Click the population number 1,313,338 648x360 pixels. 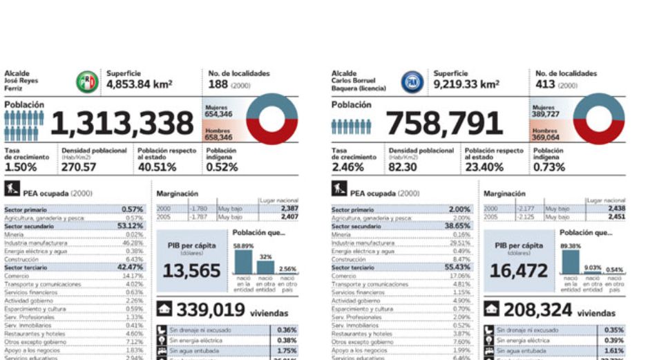pyautogui.click(x=122, y=123)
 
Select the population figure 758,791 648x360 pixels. pyautogui.click(x=444, y=124)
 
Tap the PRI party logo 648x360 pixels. pyautogui.click(x=87, y=82)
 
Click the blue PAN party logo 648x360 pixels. pyautogui.click(x=412, y=82)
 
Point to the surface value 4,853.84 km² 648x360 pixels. pyautogui.click(x=139, y=84)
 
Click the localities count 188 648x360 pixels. pyautogui.click(x=218, y=84)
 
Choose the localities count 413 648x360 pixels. pyautogui.click(x=545, y=84)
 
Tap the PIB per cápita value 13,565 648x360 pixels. pyautogui.click(x=192, y=270)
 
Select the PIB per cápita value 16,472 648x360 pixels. pyautogui.click(x=519, y=270)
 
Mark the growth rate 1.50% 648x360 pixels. pyautogui.click(x=21, y=167)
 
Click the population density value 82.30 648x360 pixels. pyautogui.click(x=404, y=167)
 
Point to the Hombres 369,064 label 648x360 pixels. pyautogui.click(x=544, y=133)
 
